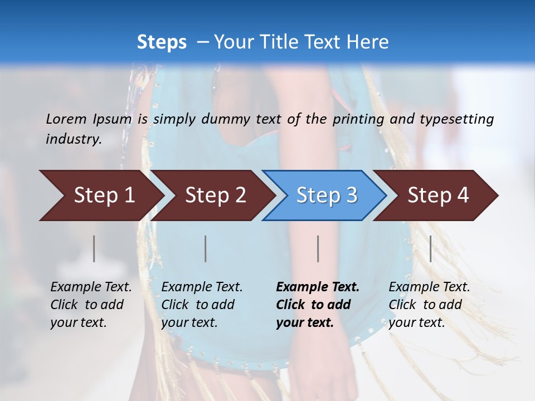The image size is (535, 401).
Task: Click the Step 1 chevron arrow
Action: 104,195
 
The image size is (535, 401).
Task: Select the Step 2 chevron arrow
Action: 215,195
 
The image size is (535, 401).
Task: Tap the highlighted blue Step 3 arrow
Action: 327,195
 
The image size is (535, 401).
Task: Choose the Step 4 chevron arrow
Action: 438,195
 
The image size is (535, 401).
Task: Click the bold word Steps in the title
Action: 162,42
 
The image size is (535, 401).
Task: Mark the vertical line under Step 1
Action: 94,248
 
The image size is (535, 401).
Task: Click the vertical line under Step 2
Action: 206,248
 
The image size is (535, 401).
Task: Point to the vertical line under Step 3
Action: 318,248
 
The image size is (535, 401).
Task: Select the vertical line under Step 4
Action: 431,248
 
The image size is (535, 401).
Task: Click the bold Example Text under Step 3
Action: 318,287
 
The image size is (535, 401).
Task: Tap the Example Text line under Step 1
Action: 91,287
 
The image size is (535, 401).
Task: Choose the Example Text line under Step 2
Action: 202,287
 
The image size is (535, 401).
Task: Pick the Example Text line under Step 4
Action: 429,287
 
